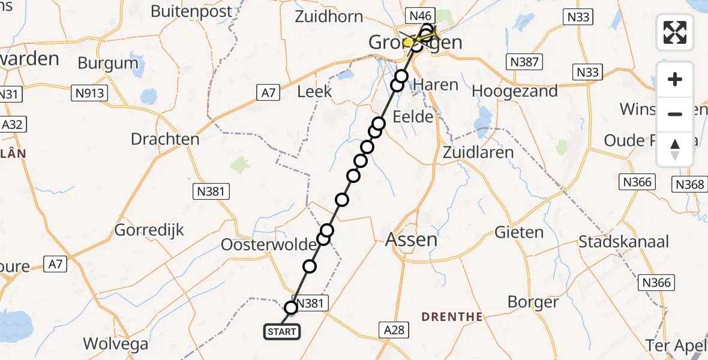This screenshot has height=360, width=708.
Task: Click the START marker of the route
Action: click(x=281, y=331)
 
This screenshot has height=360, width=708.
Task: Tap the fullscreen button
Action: click(x=675, y=32)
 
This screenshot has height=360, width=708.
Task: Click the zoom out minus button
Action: click(x=675, y=114)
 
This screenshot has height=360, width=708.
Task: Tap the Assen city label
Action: click(x=411, y=239)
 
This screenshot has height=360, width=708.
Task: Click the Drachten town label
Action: click(x=165, y=139)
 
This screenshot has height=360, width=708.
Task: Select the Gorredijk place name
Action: click(x=149, y=230)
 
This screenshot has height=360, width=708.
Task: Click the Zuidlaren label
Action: click(x=478, y=152)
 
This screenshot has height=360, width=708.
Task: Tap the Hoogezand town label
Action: click(x=515, y=91)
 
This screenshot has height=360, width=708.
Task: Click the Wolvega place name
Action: click(x=116, y=344)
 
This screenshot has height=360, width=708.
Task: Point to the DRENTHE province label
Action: click(x=452, y=316)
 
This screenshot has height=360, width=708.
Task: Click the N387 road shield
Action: click(x=524, y=61)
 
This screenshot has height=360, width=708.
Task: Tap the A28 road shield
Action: click(x=394, y=329)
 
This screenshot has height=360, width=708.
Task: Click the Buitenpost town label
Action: click(x=191, y=11)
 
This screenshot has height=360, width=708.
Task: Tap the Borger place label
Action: click(x=533, y=302)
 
